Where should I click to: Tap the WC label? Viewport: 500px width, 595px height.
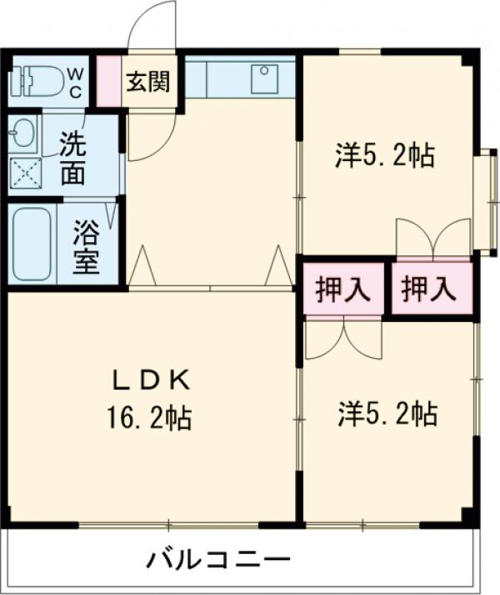coord(75,81)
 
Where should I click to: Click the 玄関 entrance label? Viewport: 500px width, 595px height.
coord(148,82)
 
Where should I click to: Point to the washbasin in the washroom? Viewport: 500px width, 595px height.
coord(22,132)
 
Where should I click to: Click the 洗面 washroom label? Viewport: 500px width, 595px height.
coord(73,156)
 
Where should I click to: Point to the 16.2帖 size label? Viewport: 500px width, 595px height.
coord(149,416)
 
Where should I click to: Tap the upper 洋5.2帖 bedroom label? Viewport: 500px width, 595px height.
coord(385,155)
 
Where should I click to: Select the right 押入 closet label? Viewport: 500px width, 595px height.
coord(429,289)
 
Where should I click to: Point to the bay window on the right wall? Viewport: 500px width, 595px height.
coord(483,200)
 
